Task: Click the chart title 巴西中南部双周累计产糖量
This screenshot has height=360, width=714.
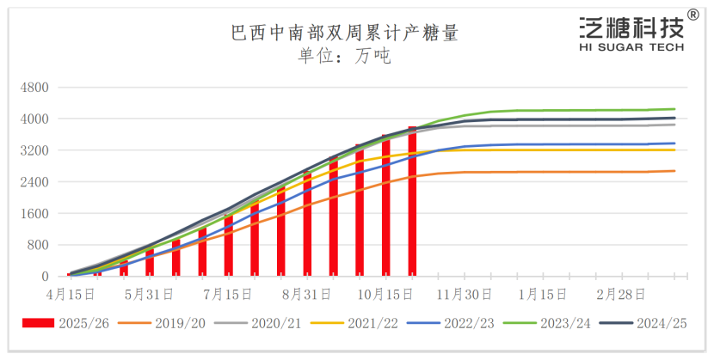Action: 344,34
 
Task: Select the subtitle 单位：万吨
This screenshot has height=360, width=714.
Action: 344,58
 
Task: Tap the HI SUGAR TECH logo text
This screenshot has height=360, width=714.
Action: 631,47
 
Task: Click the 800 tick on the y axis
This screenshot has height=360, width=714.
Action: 38,245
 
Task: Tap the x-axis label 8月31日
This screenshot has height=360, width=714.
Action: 307,294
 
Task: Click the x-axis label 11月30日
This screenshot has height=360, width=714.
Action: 465,294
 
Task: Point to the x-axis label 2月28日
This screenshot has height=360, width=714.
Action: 621,294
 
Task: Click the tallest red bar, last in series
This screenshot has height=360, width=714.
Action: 412,202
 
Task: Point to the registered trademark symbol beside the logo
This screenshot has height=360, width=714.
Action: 692,17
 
